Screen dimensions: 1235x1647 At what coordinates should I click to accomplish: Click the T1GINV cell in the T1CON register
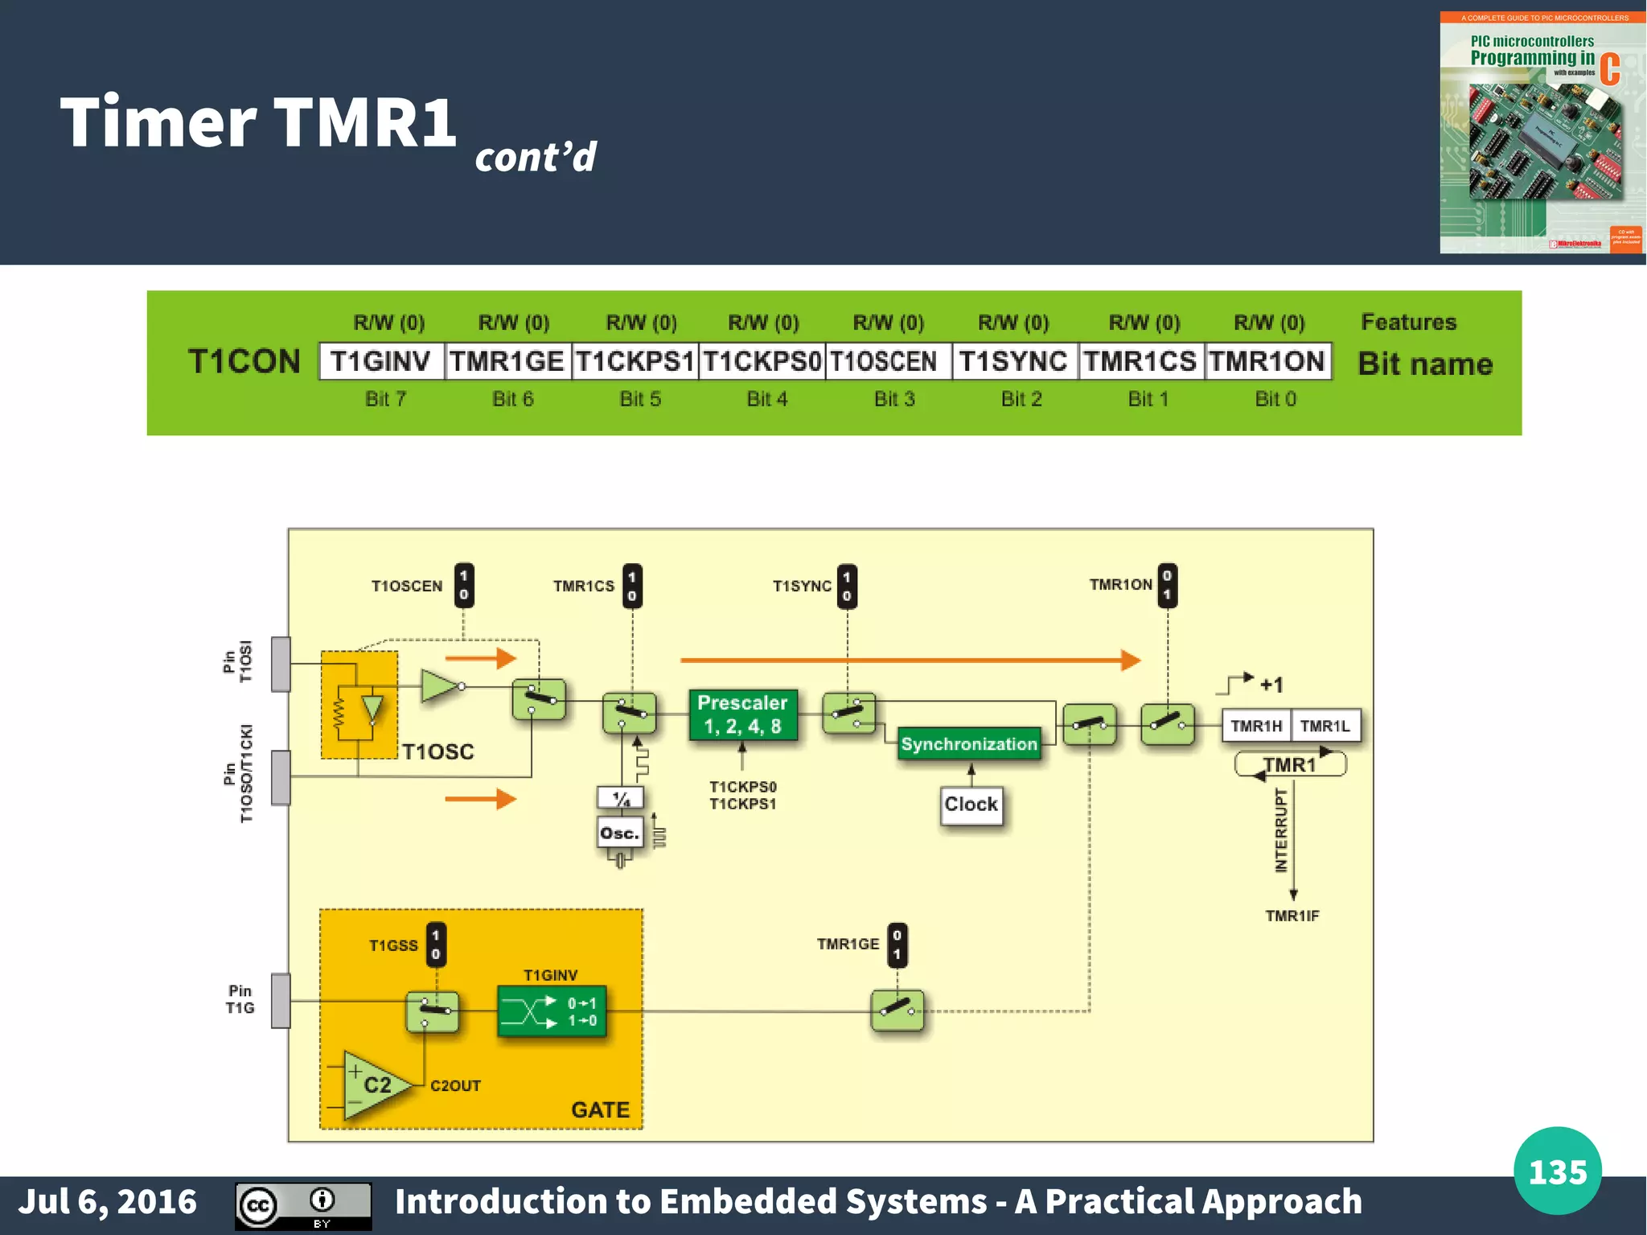pyautogui.click(x=381, y=361)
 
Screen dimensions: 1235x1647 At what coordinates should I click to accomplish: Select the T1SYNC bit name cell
pyautogui.click(x=1013, y=361)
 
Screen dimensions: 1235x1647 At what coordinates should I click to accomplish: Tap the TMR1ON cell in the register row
pyautogui.click(x=1267, y=361)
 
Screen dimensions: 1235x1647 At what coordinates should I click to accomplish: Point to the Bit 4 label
pyautogui.click(x=766, y=399)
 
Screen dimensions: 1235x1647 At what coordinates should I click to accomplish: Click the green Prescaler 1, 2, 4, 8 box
pyautogui.click(x=743, y=714)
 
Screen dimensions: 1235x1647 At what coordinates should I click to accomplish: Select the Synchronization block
pyautogui.click(x=968, y=744)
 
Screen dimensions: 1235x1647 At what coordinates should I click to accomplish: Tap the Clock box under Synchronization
pyautogui.click(x=971, y=805)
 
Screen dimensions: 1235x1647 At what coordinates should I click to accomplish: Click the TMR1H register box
pyautogui.click(x=1256, y=726)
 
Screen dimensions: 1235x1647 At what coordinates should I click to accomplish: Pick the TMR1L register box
pyautogui.click(x=1325, y=726)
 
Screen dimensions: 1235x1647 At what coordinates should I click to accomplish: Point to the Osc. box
pyautogui.click(x=619, y=834)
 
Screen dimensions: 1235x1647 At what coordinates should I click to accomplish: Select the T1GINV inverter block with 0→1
pyautogui.click(x=552, y=1011)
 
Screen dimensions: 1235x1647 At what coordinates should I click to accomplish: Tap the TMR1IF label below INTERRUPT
pyautogui.click(x=1292, y=916)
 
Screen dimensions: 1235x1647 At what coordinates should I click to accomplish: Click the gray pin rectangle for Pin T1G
pyautogui.click(x=281, y=1000)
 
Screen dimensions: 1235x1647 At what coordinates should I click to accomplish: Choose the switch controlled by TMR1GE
pyautogui.click(x=897, y=1011)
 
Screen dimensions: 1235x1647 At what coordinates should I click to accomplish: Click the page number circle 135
pyautogui.click(x=1557, y=1171)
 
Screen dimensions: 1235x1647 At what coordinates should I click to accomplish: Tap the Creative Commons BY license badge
pyautogui.click(x=303, y=1205)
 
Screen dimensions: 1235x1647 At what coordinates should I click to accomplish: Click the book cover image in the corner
pyautogui.click(x=1542, y=133)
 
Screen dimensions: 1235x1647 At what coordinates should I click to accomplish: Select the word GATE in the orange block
pyautogui.click(x=600, y=1109)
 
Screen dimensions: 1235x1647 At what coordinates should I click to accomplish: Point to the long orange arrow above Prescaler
pyautogui.click(x=909, y=661)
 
